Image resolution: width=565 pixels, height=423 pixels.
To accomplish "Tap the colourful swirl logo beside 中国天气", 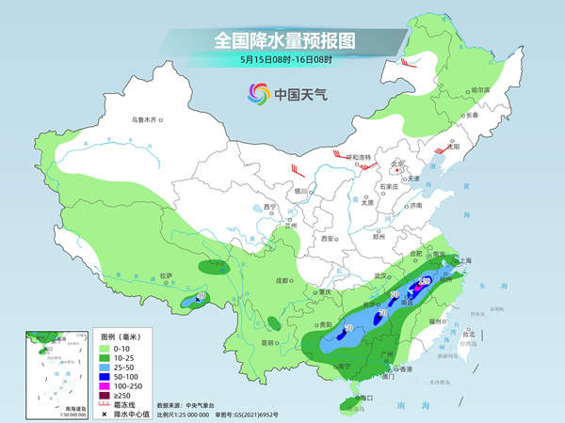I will pos(258,93).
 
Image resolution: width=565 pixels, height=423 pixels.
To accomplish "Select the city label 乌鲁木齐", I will pos(146,119).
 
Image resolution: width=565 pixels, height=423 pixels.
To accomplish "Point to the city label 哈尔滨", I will pos(480,89).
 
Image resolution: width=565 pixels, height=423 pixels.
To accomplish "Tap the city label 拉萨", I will pos(167,274).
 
